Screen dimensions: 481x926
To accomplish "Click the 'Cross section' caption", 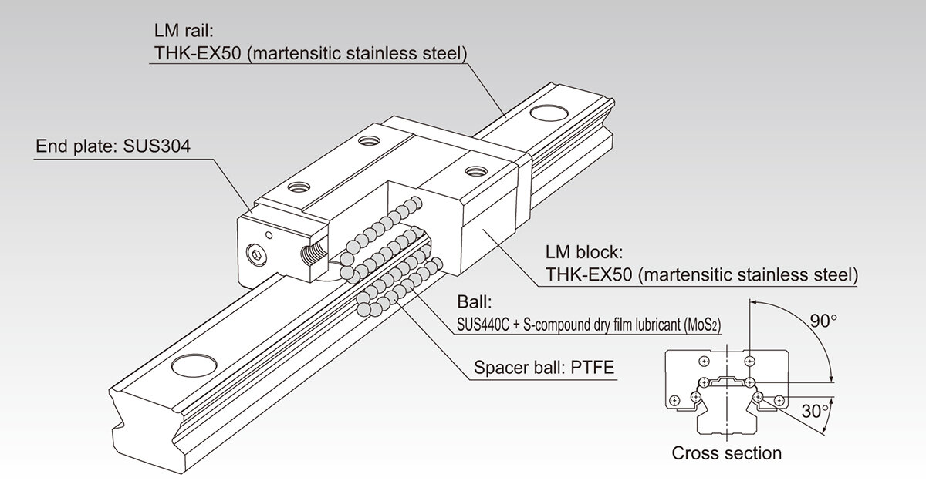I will (x=726, y=453).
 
